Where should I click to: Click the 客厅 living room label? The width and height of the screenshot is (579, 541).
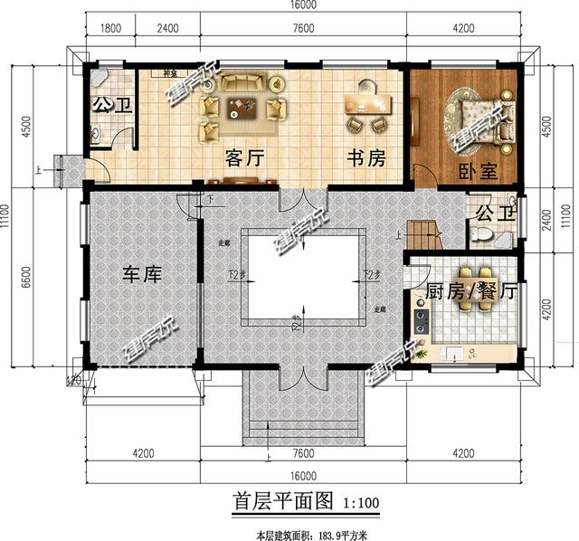pos(244,158)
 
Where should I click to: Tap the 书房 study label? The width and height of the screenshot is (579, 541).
pos(365,158)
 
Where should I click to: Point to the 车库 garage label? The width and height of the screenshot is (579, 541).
pos(142,273)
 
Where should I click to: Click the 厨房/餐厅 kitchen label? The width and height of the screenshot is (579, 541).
pos(470,291)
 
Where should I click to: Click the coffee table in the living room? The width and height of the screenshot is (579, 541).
pos(242,109)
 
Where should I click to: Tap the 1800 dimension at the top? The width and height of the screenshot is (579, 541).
pos(109,28)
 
